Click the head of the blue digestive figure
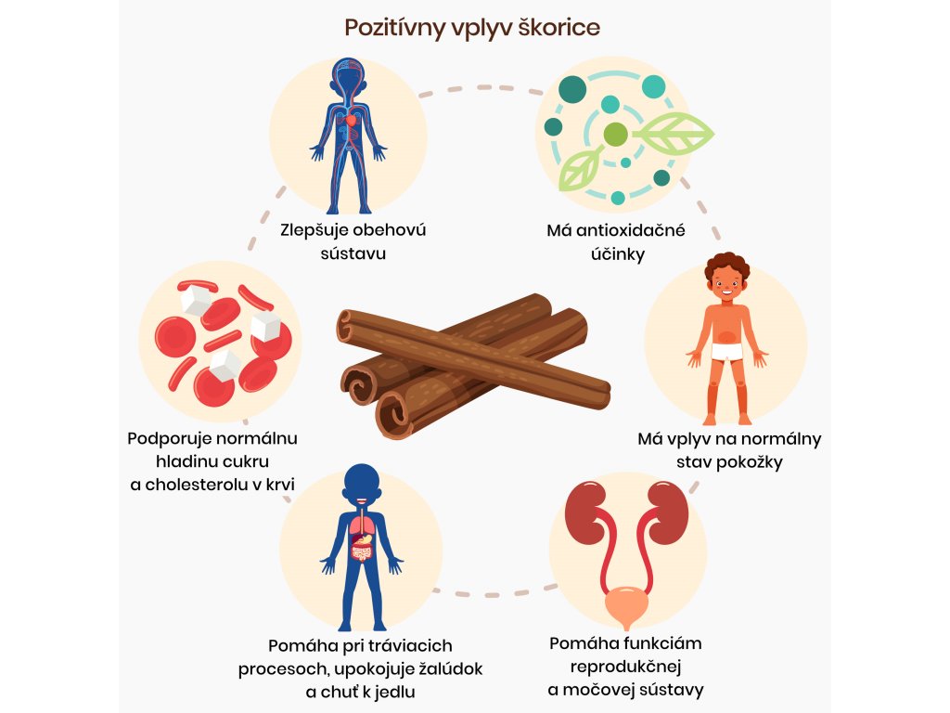click(x=361, y=483)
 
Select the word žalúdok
click(x=444, y=668)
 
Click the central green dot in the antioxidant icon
click(x=614, y=136)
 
